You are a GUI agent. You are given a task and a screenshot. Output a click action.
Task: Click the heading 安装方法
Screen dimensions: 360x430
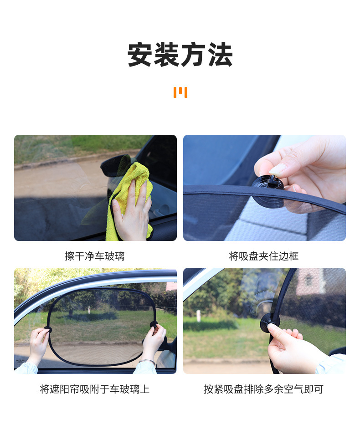tap(180, 55)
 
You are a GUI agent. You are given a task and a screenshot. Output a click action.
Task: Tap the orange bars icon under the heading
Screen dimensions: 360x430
tap(180, 92)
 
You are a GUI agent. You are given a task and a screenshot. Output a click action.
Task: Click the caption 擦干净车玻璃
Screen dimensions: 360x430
tap(95, 256)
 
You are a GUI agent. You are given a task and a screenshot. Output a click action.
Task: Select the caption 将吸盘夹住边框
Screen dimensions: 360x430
tap(264, 256)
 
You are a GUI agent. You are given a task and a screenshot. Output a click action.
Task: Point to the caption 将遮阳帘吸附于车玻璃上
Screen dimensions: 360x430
tap(95, 389)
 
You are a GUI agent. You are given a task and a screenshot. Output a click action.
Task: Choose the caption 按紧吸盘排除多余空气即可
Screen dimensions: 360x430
tap(264, 389)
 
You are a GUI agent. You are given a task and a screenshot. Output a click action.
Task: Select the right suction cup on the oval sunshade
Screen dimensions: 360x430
tap(154, 325)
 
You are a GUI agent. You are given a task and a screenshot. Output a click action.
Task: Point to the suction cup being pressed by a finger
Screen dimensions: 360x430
tap(269, 322)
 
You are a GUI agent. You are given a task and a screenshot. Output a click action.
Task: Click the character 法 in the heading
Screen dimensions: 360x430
tap(221, 55)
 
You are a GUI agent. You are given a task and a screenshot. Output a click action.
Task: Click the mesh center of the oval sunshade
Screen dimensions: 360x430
tap(102, 326)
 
